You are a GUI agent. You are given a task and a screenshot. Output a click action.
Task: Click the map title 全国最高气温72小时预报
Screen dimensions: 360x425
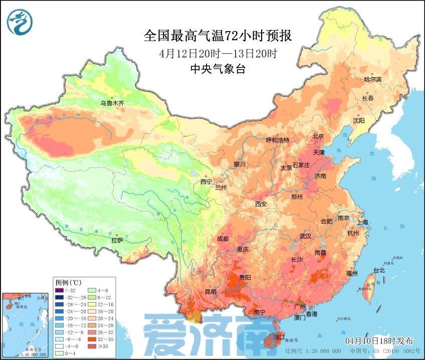pos(218,36)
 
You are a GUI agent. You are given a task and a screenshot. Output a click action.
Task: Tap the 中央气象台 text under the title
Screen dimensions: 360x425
pos(218,69)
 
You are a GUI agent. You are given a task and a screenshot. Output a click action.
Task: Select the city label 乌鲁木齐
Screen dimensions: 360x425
pos(112,103)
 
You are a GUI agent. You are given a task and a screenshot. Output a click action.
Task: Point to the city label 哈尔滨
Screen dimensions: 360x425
pos(372,80)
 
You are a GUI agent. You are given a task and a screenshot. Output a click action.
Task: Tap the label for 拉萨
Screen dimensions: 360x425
pos(117,240)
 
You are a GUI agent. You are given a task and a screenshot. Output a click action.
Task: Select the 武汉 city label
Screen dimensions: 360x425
pos(306,236)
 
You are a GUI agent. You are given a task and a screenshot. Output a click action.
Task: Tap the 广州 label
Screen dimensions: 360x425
pos(300,306)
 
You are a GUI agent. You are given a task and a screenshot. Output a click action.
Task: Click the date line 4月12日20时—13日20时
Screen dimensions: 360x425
pos(218,53)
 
